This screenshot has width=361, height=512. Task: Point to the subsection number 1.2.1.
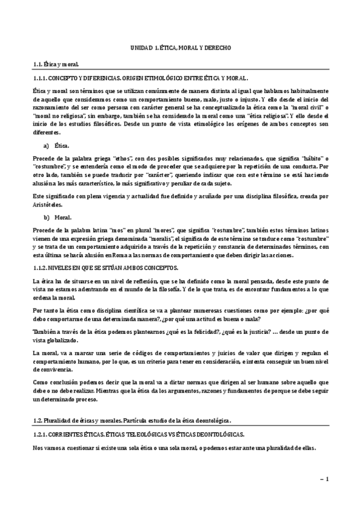pyautogui.click(x=40, y=434)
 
